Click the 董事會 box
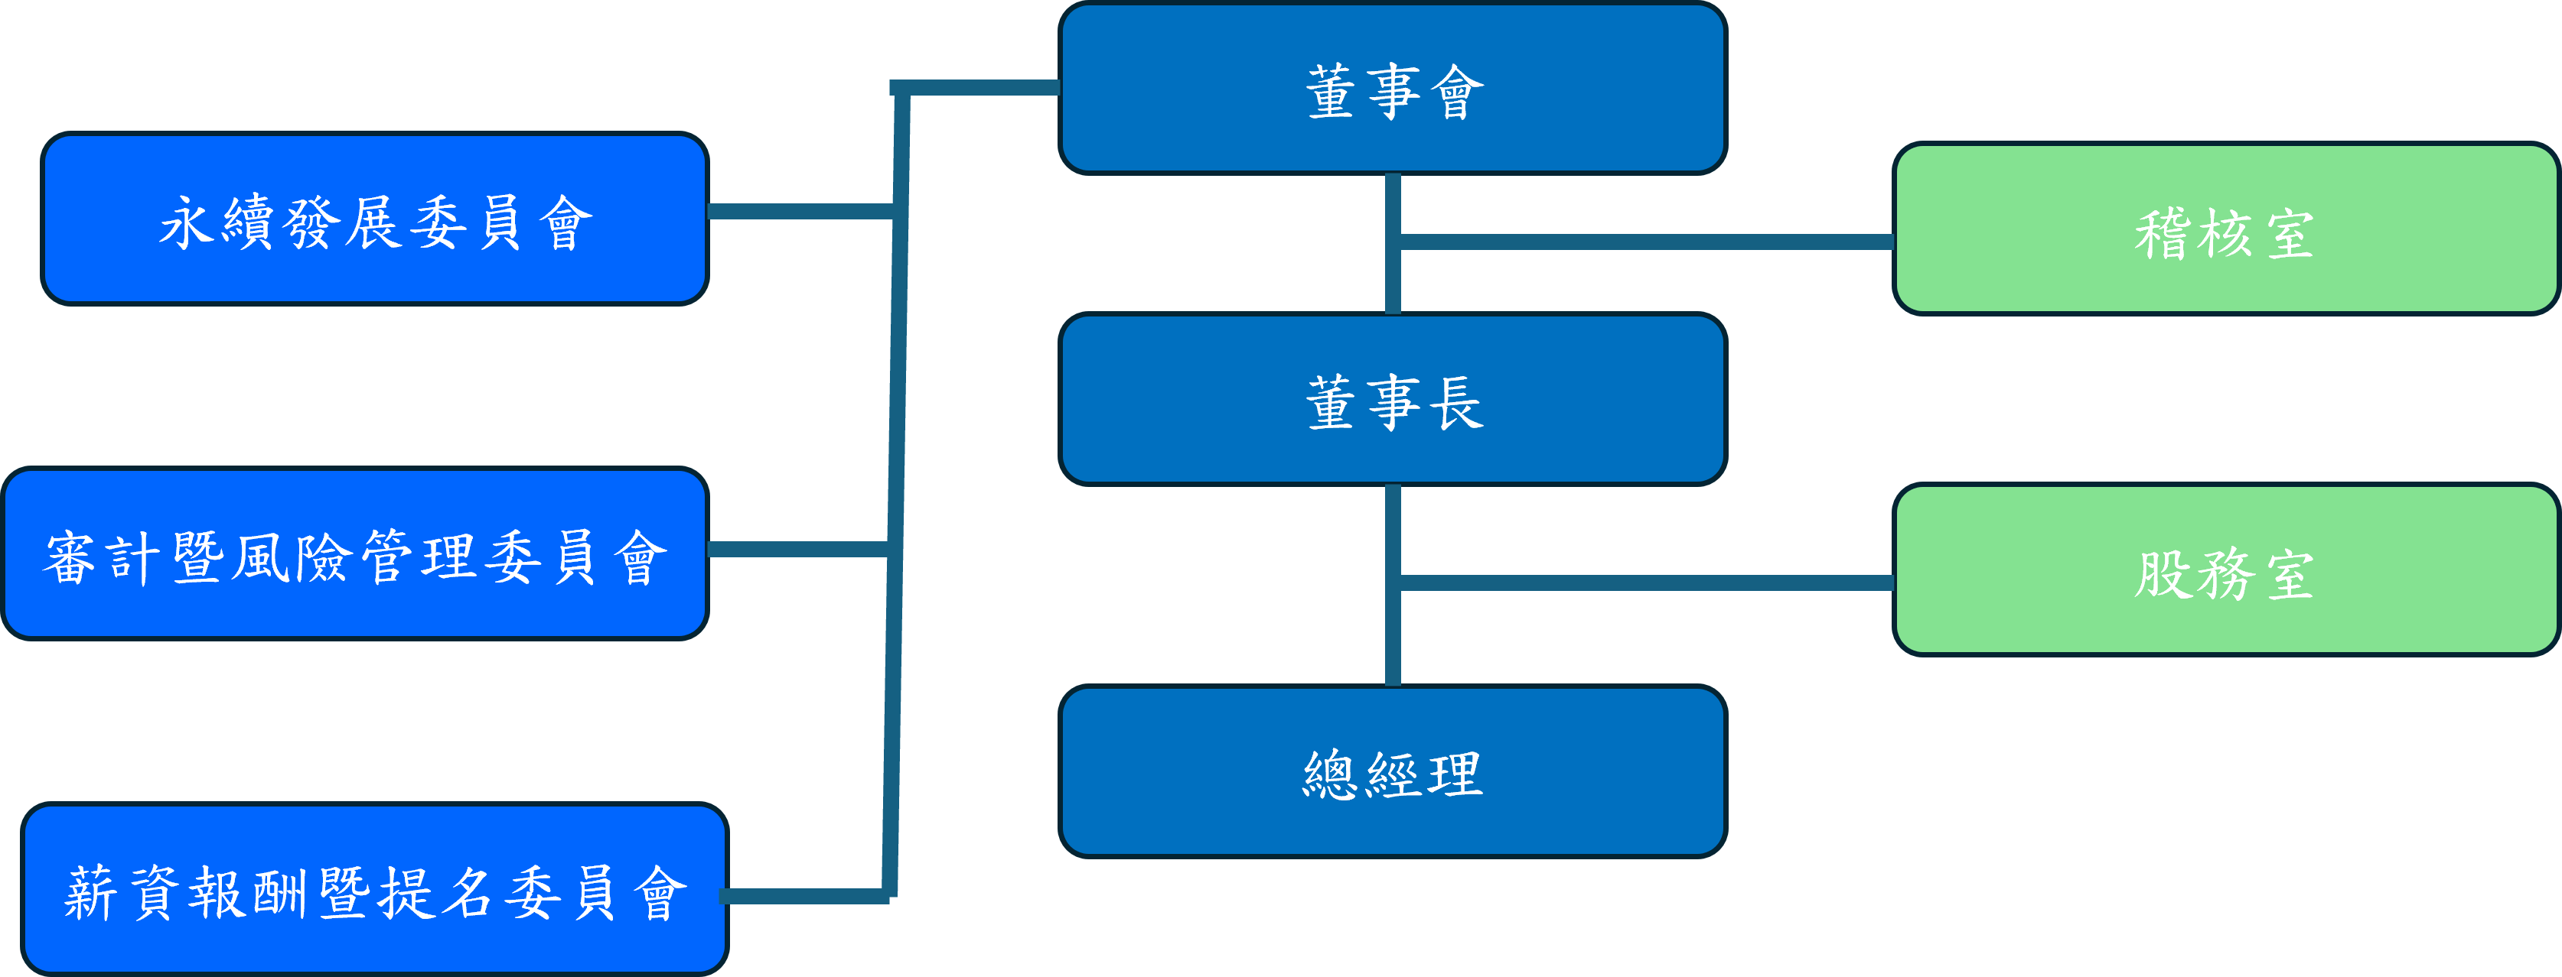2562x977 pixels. pyautogui.click(x=1393, y=89)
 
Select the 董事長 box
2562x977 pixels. pyautogui.click(x=1393, y=400)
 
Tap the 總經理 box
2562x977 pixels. pyautogui.click(x=1393, y=771)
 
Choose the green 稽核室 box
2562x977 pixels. pyautogui.click(x=2225, y=229)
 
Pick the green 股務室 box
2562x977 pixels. pyautogui.click(x=2225, y=570)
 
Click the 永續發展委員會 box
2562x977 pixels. pyautogui.click(x=375, y=219)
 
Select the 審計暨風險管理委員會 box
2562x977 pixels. pyautogui.click(x=355, y=553)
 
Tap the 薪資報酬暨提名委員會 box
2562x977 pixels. pyautogui.click(x=375, y=890)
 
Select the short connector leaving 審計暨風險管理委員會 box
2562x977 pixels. pyautogui.click(x=796, y=550)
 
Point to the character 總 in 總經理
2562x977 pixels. pyautogui.click(x=1331, y=774)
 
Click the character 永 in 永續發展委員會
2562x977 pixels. pyautogui.click(x=187, y=222)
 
